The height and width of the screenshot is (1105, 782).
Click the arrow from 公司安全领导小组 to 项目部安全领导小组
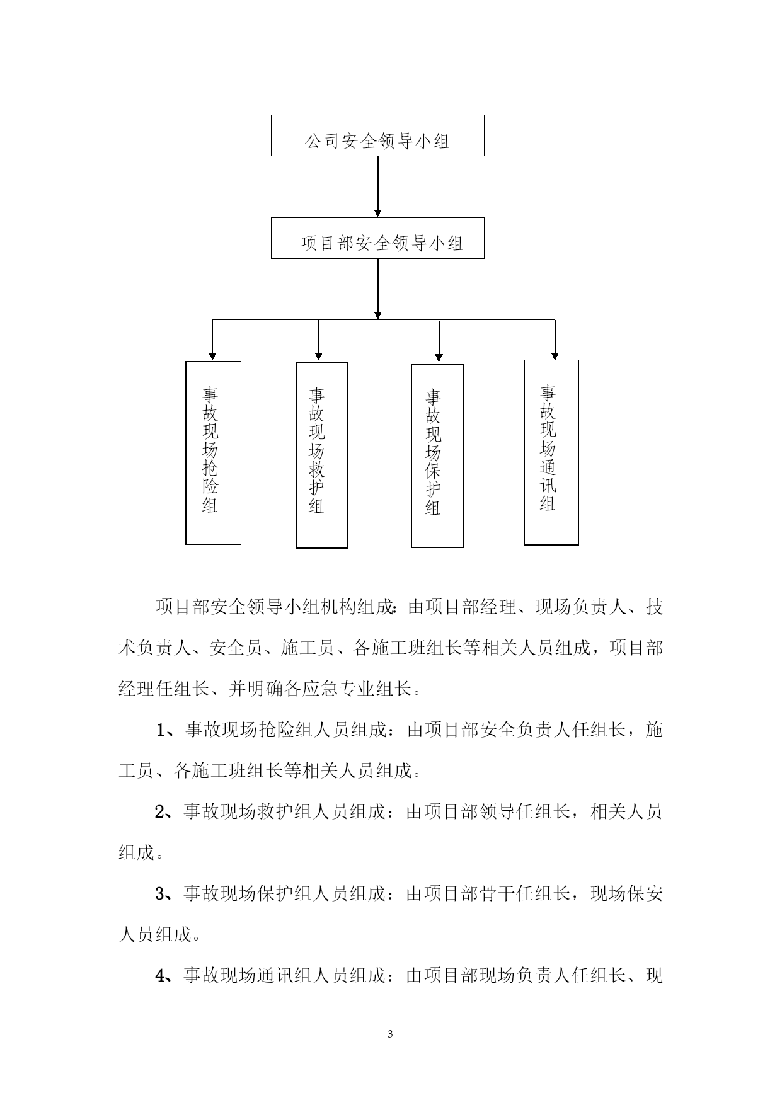378,186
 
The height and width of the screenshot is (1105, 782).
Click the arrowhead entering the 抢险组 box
213,357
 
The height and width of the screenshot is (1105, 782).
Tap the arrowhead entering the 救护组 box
319,358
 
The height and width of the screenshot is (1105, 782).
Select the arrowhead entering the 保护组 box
439,360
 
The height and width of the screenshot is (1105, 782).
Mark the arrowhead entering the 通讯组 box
555,355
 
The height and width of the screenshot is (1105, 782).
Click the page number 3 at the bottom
390,1034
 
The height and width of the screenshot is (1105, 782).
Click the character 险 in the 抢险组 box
210,486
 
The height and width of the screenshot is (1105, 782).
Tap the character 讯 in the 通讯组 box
548,485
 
